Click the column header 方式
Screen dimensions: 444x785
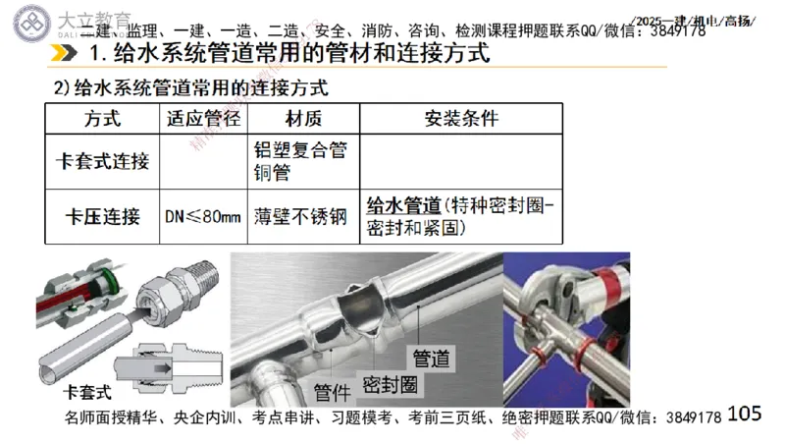[x=102, y=119]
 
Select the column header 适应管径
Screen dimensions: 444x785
[x=203, y=119]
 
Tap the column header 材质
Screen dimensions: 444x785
[x=302, y=119]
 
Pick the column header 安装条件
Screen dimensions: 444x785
[x=461, y=119]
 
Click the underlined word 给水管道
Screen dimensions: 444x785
[x=402, y=205]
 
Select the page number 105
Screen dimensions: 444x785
[x=746, y=414]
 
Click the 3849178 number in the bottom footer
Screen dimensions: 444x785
[x=693, y=418]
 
